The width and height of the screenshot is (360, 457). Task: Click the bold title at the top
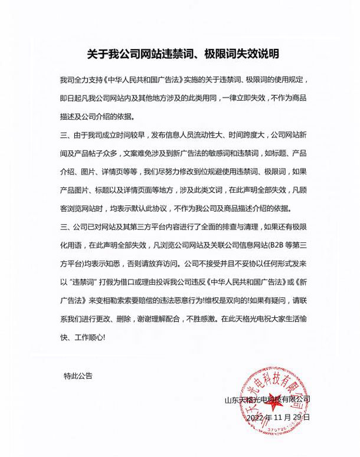pyautogui.click(x=179, y=54)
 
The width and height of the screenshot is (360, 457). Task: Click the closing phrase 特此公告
pyautogui.click(x=78, y=375)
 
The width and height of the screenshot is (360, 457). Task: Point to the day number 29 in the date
pyautogui.click(x=299, y=417)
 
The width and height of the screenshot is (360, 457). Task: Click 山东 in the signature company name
pyautogui.click(x=231, y=399)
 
